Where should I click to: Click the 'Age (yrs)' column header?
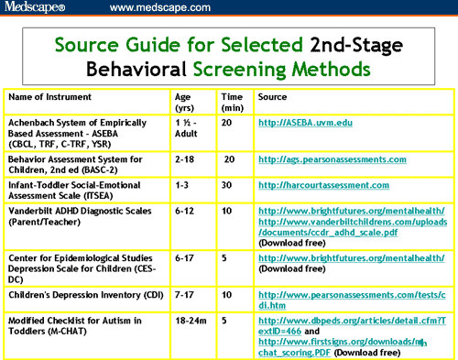pyautogui.click(x=182, y=102)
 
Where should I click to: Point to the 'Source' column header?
pyautogui.click(x=273, y=95)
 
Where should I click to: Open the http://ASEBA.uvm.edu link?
pyautogui.click(x=306, y=122)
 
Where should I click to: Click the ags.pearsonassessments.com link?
pyautogui.click(x=332, y=158)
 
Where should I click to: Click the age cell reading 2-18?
pyautogui.click(x=185, y=158)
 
